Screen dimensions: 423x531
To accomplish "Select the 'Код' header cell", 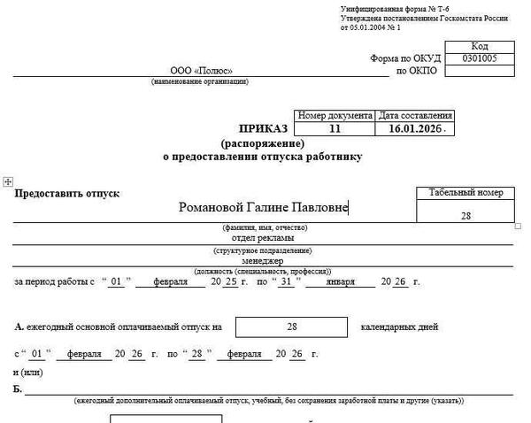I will point(480,45).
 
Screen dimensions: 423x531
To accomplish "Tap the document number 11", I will point(334,128).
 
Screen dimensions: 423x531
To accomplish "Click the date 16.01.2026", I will point(413,128).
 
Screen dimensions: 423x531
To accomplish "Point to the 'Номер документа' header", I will point(335,115).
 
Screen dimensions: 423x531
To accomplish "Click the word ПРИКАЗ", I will point(263,128).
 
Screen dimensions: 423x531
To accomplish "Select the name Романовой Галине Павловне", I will point(263,208).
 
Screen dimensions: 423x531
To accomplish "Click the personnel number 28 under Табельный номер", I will point(466,216).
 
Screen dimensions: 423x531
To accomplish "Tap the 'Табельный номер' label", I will point(466,192).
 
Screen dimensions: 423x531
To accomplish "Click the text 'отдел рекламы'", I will point(263,237).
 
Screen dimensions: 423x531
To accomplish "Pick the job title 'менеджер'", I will point(263,261).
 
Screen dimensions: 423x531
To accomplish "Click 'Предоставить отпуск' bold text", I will point(66,193).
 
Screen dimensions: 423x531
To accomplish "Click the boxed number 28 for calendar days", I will point(291,327).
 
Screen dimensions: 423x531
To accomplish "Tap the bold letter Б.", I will point(18,388).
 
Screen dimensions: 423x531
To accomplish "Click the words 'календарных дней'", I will point(399,327).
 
